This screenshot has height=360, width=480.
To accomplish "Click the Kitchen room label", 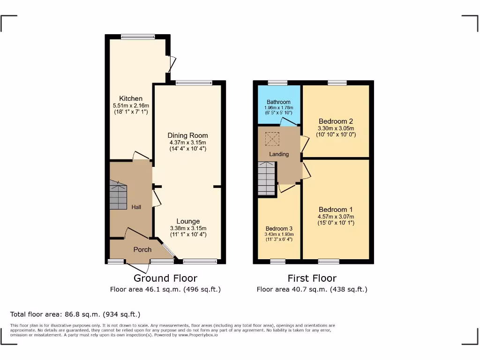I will tap(131, 98).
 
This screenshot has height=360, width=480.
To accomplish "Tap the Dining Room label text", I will tap(188, 135).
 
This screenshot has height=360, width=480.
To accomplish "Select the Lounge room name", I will tap(188, 221).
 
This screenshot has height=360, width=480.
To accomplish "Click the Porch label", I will tap(142, 249).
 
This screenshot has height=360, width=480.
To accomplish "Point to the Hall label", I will tap(136, 207).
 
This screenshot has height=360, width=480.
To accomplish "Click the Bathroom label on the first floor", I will tap(278, 102).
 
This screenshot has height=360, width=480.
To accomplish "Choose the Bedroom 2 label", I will tap(336, 121).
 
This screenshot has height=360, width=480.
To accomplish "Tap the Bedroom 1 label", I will tap(336, 210).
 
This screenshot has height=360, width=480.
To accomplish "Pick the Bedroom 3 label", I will tap(278, 229).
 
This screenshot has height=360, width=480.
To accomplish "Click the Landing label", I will tap(279, 154).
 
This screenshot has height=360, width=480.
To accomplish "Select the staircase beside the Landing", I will tap(266, 179).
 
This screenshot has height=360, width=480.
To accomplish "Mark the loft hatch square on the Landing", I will tap(271, 139).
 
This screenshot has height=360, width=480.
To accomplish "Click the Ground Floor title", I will tap(165, 278).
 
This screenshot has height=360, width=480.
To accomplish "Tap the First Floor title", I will tap(312, 278).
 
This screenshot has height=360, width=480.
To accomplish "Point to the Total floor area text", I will tap(75, 315).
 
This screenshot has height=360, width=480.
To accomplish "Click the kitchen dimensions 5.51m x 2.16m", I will tap(131, 106).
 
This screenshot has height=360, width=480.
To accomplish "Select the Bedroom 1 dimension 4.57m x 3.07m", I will tap(336, 217).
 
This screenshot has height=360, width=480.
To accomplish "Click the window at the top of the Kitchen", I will tap(138, 37).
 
